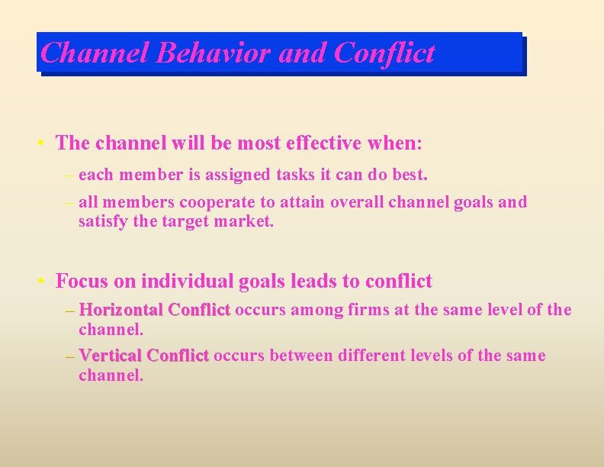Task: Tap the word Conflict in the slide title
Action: [384, 53]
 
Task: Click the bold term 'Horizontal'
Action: [121, 310]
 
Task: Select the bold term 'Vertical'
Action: [111, 356]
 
